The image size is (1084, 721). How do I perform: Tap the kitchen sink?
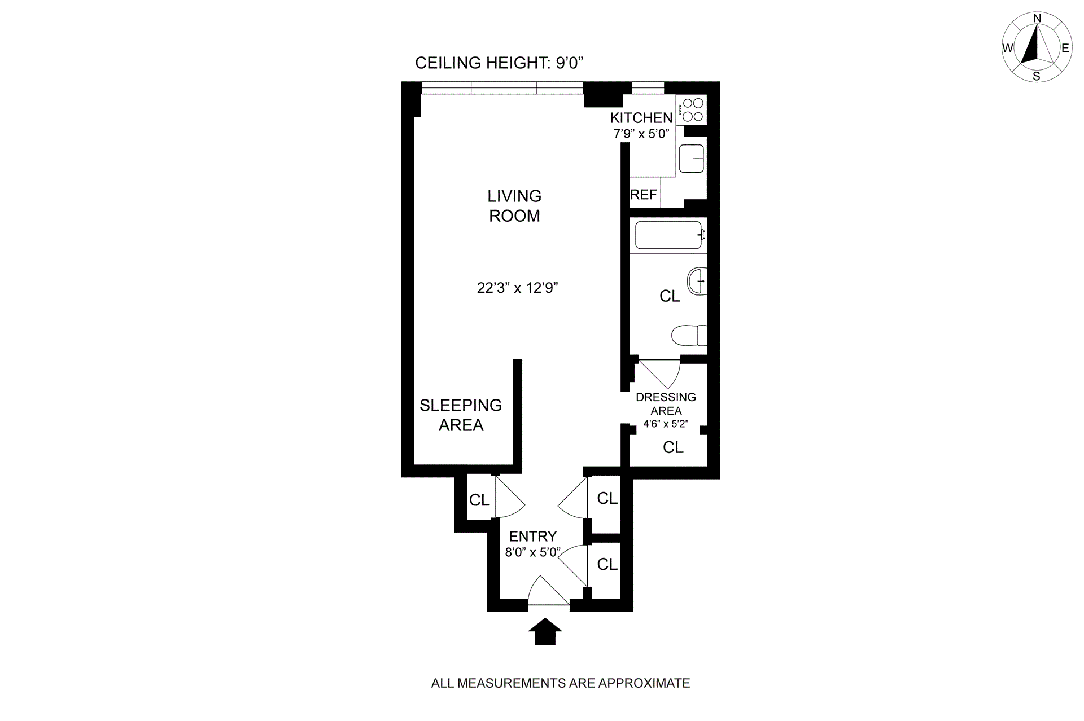pyautogui.click(x=692, y=159)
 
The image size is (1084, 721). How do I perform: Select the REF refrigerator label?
pyautogui.click(x=644, y=195)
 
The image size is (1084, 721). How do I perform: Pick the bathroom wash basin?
pyautogui.click(x=697, y=280)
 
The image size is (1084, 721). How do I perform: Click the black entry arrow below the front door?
pyautogui.click(x=545, y=631)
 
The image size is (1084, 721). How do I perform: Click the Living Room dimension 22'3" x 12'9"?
pyautogui.click(x=517, y=288)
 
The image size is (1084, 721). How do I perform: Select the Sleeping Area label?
pyautogui.click(x=461, y=415)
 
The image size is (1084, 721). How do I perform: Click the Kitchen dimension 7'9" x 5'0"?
pyautogui.click(x=641, y=134)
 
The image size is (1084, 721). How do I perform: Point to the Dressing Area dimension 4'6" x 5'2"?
pyautogui.click(x=666, y=424)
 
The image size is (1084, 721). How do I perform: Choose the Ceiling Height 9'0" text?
pyautogui.click(x=499, y=63)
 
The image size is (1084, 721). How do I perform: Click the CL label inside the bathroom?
pyautogui.click(x=670, y=296)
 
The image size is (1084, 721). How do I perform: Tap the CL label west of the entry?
pyautogui.click(x=479, y=500)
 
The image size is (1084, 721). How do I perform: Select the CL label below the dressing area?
pyautogui.click(x=673, y=447)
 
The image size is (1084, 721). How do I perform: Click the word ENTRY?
pyautogui.click(x=533, y=536)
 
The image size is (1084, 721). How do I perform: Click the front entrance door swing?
pyautogui.click(x=548, y=592)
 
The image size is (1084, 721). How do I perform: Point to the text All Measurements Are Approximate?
pyautogui.click(x=560, y=683)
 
